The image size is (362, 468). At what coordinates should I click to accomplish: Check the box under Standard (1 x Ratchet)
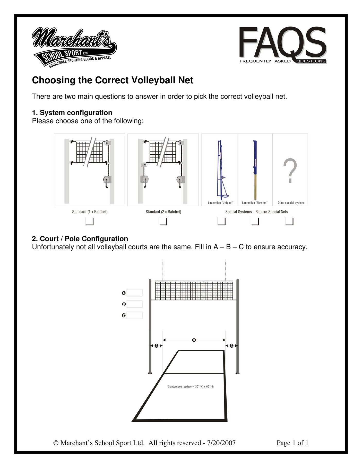coord(89,221)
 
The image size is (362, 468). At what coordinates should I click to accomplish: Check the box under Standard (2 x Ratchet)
coord(163,221)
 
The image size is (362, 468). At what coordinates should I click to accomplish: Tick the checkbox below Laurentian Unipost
coord(221,221)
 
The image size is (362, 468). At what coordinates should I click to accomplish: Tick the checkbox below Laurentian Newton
coord(255,221)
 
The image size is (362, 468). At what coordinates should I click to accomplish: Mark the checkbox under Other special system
coord(289,221)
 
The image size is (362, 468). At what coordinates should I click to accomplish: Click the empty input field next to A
coord(134,293)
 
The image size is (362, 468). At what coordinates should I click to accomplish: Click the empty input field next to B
coord(134,304)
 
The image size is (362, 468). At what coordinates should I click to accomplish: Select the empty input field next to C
coord(134,315)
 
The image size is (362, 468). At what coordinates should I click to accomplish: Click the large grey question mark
coord(290,171)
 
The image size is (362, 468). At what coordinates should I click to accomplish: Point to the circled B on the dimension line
coord(194,340)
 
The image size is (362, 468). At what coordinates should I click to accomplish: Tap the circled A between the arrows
coord(156,346)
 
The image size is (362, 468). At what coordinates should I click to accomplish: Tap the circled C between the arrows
coord(231,346)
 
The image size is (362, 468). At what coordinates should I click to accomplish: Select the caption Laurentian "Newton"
coord(255,203)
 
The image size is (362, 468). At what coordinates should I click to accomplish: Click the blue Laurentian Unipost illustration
coord(221,170)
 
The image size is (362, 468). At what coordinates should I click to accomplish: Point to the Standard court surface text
coord(191,387)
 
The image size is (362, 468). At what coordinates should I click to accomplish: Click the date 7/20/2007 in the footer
coord(221,443)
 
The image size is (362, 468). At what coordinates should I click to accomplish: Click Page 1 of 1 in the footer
coord(292,443)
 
